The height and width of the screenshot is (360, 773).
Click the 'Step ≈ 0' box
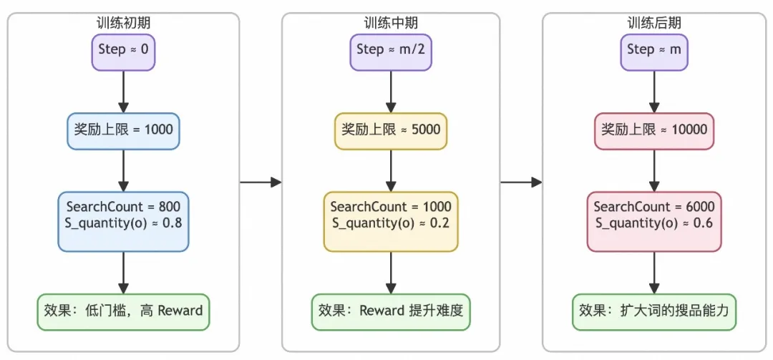(123, 50)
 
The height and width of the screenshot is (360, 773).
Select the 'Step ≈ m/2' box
(390, 50)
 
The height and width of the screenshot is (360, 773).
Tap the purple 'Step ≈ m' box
(654, 50)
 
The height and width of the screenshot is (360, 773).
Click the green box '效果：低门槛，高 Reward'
(123, 311)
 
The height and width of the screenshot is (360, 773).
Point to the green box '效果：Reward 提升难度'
(390, 311)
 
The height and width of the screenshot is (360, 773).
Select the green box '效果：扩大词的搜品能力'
(654, 311)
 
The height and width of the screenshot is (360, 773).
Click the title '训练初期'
(123, 23)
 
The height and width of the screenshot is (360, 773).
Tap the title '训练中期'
(390, 23)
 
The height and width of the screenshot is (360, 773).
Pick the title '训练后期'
(654, 23)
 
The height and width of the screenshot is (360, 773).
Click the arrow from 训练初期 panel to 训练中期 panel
(261, 183)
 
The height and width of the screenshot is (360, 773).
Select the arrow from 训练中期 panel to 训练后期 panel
(521, 183)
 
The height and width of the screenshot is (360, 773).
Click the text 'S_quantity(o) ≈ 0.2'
(390, 223)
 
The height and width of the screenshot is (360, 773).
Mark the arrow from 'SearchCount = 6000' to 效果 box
(654, 272)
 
